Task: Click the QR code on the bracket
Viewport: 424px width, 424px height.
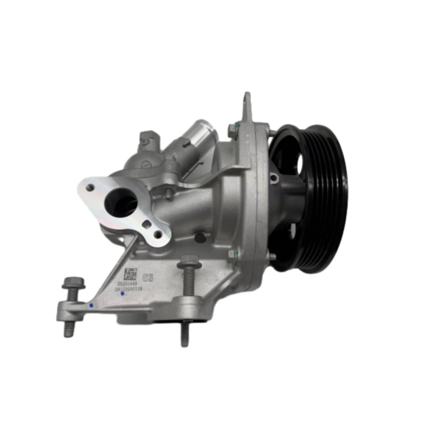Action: [x=130, y=274]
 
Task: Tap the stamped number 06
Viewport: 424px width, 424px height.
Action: [x=147, y=278]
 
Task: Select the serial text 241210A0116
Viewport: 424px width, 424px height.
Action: [x=128, y=289]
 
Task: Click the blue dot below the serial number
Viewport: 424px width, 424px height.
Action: [x=122, y=294]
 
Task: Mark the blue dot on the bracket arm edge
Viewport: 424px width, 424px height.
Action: [x=92, y=305]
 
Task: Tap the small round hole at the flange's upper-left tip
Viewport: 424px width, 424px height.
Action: [x=90, y=187]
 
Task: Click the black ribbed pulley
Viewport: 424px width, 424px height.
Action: [x=311, y=198]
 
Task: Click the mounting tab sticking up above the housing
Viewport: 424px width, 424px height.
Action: [x=247, y=106]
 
